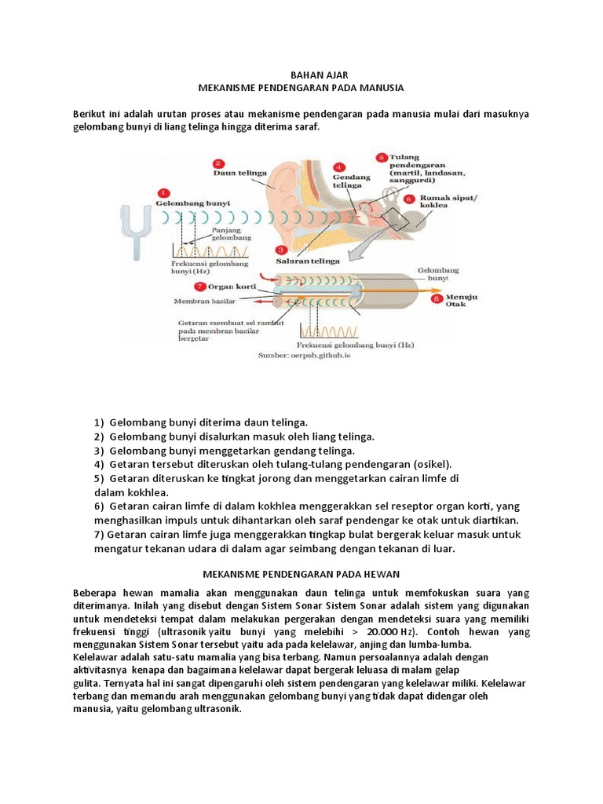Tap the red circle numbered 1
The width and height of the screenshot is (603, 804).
pos(163,192)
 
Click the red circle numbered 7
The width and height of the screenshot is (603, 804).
pos(179,287)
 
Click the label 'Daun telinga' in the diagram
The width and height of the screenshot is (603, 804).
pos(239,170)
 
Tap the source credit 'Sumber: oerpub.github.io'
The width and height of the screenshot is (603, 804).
pos(305,355)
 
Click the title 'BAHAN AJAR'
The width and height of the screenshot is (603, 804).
pos(301,75)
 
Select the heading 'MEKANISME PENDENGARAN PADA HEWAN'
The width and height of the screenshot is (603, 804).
pos(301,575)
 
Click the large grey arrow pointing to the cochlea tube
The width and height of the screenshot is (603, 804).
pos(345,253)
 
